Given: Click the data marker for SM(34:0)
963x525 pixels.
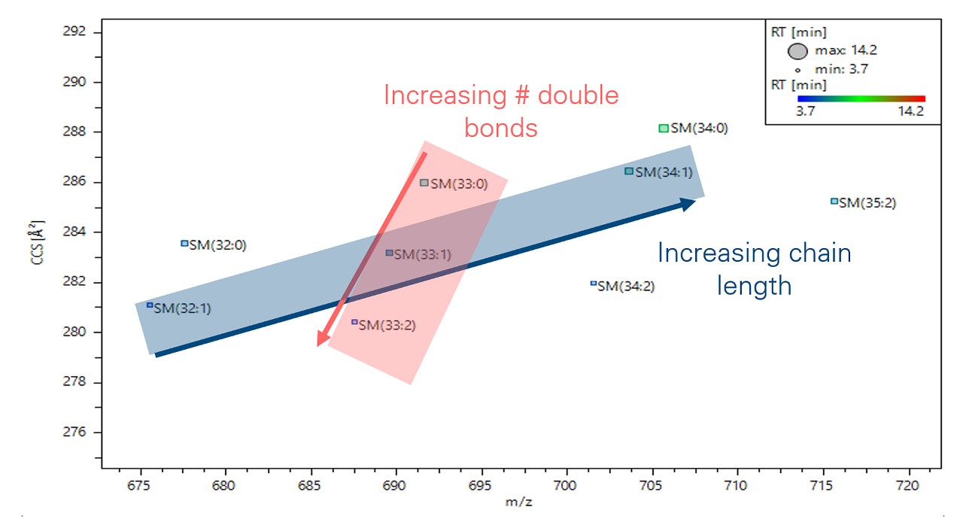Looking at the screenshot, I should [663, 129].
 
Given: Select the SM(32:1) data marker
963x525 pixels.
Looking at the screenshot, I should [150, 305].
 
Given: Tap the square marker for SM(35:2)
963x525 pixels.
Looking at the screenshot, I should [834, 201].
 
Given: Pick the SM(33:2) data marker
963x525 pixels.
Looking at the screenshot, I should [354, 322].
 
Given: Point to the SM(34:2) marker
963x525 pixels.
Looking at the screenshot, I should [593, 284].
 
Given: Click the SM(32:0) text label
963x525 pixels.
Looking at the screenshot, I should [218, 244].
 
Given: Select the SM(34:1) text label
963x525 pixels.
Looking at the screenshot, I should [664, 172].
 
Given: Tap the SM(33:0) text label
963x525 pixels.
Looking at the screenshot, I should [460, 184].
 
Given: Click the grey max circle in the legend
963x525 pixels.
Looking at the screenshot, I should [797, 51].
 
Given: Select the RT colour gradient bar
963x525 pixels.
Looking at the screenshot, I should [861, 99].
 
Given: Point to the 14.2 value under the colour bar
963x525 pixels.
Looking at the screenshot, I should [909, 111].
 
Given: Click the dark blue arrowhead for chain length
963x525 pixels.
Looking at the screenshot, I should [688, 204].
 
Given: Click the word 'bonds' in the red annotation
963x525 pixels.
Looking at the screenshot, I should [500, 129].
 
